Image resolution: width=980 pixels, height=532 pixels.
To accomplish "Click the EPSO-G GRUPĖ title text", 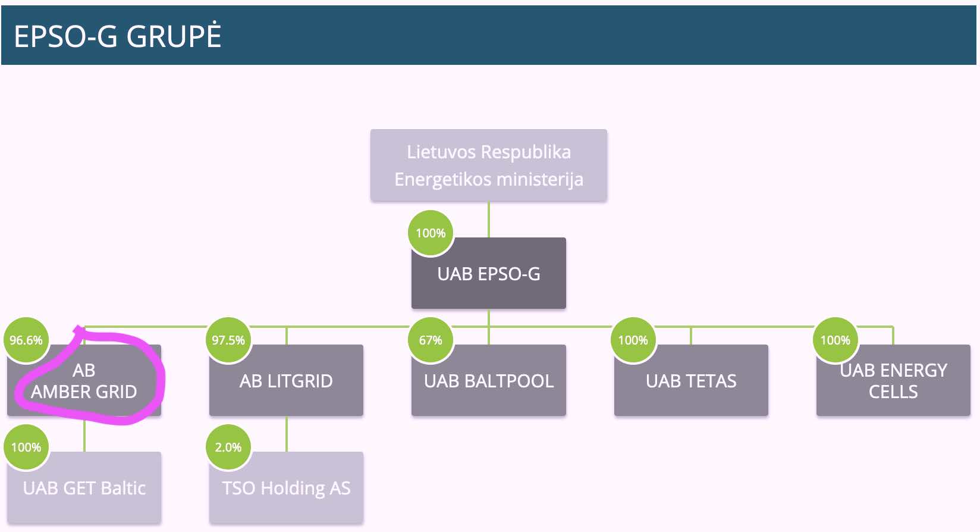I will (x=118, y=36).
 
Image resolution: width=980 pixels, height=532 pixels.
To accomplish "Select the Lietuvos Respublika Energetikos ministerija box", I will (x=488, y=165).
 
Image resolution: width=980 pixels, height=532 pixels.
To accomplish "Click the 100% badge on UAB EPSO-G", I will (x=431, y=233).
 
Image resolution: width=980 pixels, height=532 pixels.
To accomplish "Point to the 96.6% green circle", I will (x=26, y=340).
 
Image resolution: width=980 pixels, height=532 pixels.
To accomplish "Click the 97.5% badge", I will (x=228, y=340).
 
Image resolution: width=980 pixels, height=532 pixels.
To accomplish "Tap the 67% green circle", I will (x=431, y=340).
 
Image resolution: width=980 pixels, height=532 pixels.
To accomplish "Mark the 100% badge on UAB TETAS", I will (x=633, y=340).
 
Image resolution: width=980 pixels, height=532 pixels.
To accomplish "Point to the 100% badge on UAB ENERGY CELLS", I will (x=835, y=340).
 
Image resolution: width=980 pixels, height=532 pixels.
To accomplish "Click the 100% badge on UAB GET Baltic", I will (x=26, y=447).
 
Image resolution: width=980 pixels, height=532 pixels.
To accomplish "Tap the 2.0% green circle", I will (x=228, y=447).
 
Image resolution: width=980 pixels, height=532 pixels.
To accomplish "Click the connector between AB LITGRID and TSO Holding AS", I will (x=287, y=434).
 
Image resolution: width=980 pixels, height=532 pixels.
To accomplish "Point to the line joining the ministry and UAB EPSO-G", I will (x=489, y=219).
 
